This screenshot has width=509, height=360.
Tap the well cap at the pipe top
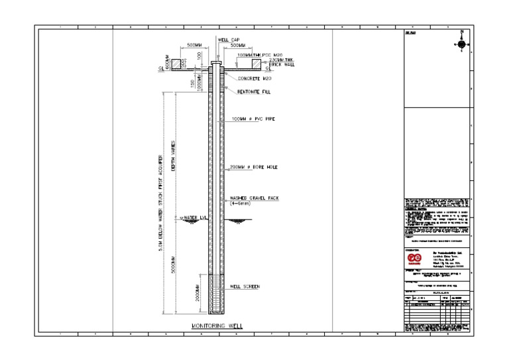[216, 64]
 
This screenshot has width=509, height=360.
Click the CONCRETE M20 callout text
[245, 78]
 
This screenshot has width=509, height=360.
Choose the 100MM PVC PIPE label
[252, 119]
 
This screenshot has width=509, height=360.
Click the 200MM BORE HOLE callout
[253, 167]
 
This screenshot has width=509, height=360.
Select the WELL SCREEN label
[245, 286]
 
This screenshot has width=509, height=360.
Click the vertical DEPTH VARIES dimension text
[174, 156]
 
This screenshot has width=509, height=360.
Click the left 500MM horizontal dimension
[195, 46]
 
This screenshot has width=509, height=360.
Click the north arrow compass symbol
[461, 44]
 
